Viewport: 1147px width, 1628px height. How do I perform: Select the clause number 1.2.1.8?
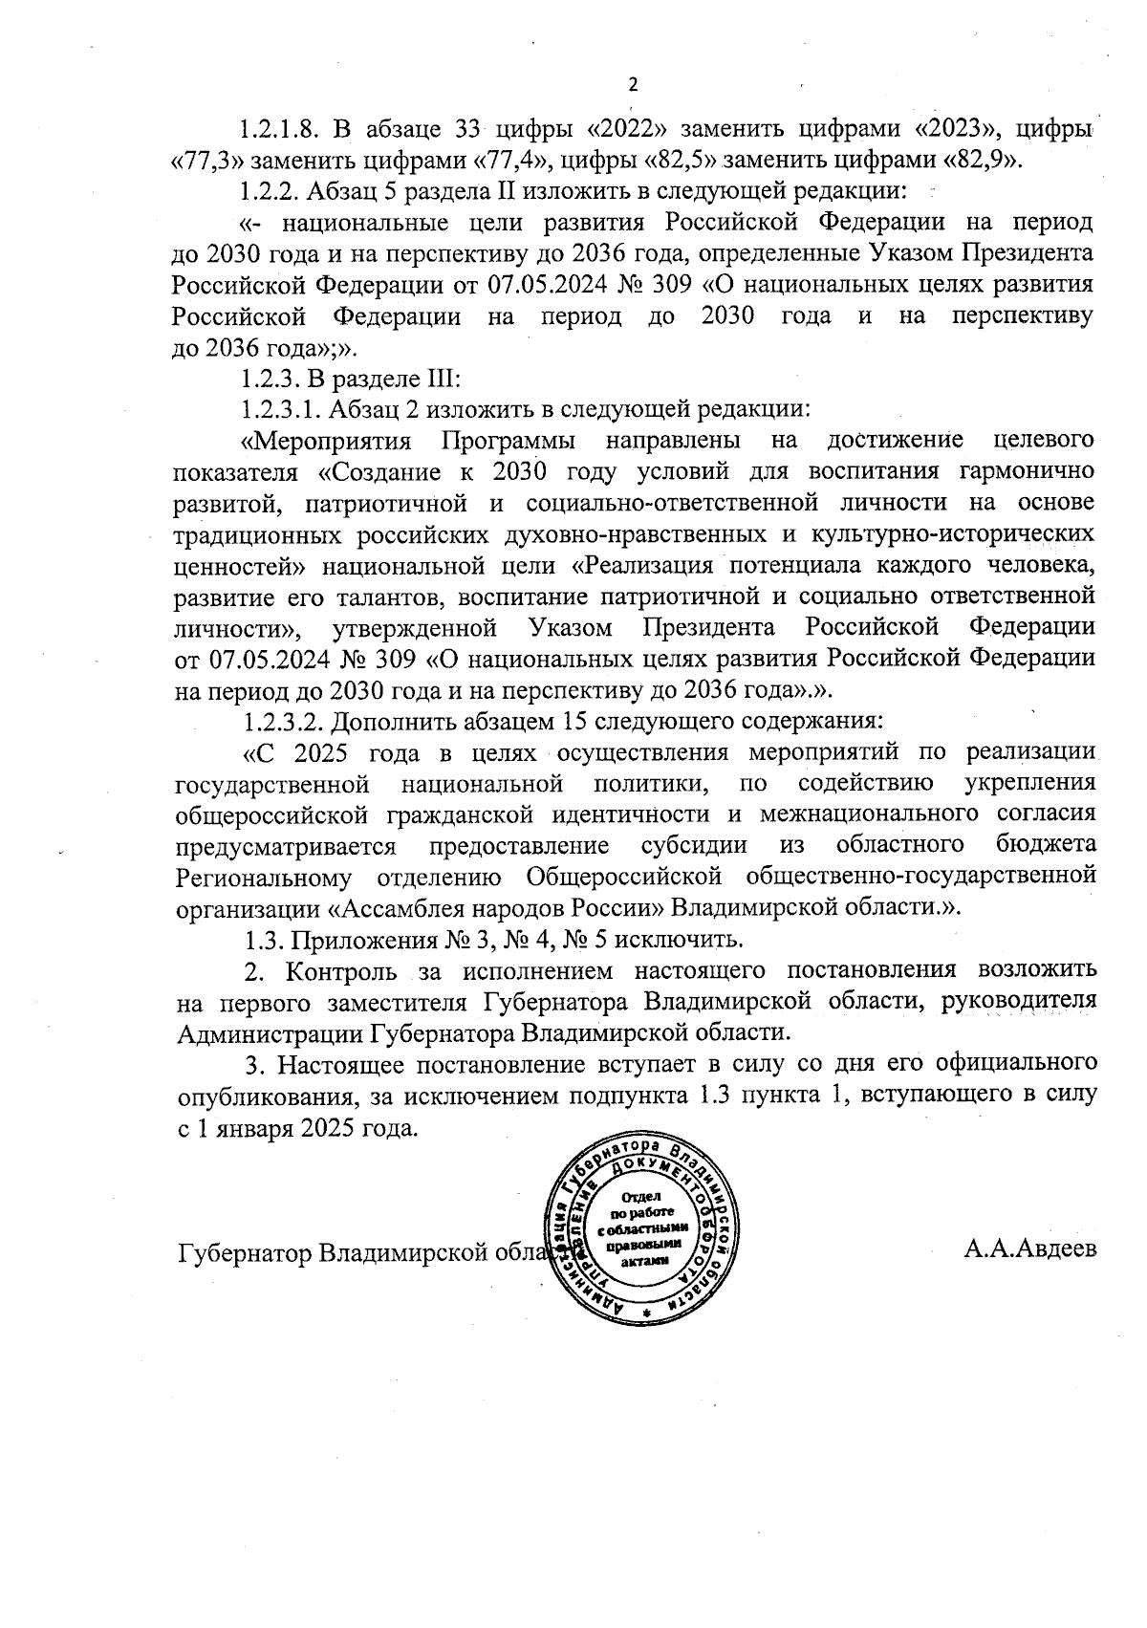(x=282, y=128)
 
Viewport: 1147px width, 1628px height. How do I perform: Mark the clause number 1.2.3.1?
(x=282, y=409)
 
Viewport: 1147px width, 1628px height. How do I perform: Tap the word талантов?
(x=393, y=597)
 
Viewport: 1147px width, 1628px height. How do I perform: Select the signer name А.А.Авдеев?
(x=1030, y=1249)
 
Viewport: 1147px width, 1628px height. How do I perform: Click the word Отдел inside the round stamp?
(x=642, y=1197)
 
